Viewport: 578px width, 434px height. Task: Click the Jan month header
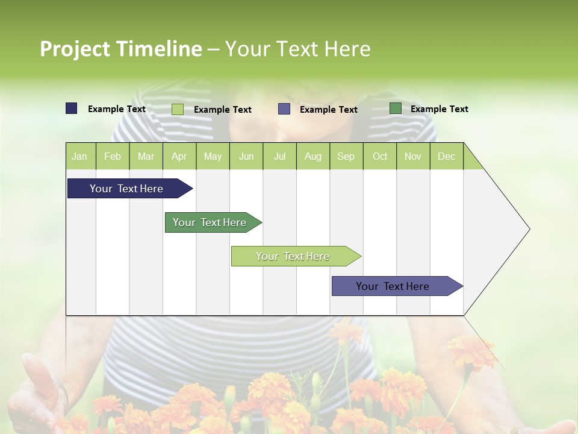click(80, 156)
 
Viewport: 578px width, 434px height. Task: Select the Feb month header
click(113, 156)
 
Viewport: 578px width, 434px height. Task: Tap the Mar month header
click(146, 156)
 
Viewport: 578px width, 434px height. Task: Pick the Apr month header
click(179, 156)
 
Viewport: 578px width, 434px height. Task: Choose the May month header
click(213, 156)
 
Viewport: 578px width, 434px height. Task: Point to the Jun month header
click(246, 156)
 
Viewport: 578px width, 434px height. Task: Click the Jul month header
click(279, 156)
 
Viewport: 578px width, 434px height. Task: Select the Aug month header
click(313, 156)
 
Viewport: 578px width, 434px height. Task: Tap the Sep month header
click(346, 156)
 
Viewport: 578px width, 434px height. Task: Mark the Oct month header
click(380, 156)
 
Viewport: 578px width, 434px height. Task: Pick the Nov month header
click(413, 156)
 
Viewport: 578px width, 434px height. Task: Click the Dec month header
click(446, 156)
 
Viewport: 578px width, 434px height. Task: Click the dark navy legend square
click(72, 108)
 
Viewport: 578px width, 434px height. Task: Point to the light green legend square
click(178, 109)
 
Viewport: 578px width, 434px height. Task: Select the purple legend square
click(284, 109)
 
